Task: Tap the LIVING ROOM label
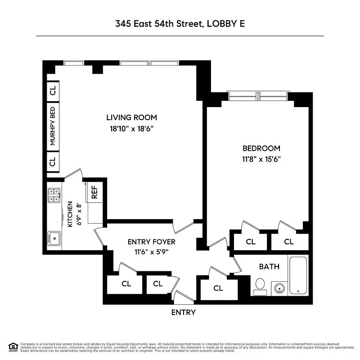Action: pyautogui.click(x=131, y=118)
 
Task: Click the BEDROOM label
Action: pyautogui.click(x=261, y=148)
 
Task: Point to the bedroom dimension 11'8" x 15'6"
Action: pyautogui.click(x=261, y=158)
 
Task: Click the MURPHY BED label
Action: pyautogui.click(x=53, y=126)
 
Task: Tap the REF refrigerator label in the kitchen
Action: pyautogui.click(x=94, y=192)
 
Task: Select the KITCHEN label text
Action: pyautogui.click(x=70, y=214)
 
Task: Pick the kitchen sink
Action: pyautogui.click(x=54, y=237)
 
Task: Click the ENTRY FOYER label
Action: pyautogui.click(x=151, y=242)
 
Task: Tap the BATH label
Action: pyautogui.click(x=269, y=266)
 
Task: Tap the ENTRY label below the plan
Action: pyautogui.click(x=184, y=312)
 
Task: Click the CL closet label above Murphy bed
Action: pyautogui.click(x=53, y=90)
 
